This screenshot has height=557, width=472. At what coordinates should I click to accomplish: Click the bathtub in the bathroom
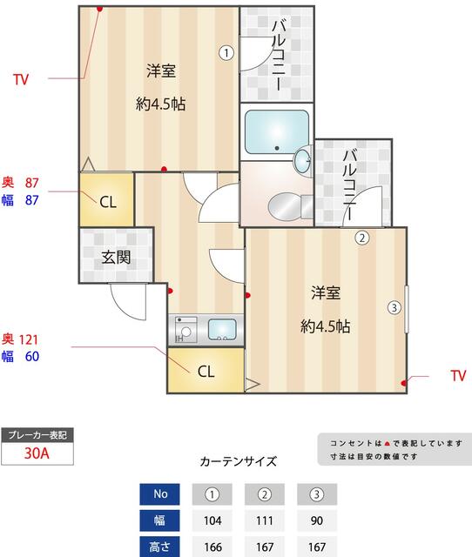click(276, 131)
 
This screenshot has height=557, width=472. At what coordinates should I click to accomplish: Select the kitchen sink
click(221, 330)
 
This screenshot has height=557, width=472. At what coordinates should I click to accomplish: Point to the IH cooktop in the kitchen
click(185, 330)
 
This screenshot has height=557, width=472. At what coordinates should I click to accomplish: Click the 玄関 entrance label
click(115, 258)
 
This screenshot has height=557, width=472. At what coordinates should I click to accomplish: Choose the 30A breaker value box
click(37, 453)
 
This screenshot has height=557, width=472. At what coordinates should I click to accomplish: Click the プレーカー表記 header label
click(37, 434)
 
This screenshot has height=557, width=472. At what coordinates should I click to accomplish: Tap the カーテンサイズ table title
click(238, 461)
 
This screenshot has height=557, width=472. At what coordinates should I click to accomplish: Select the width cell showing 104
click(212, 521)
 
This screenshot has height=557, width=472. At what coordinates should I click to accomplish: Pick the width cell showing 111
click(265, 521)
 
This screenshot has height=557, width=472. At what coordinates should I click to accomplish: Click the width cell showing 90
click(317, 521)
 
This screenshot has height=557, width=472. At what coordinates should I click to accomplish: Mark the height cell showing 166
click(212, 547)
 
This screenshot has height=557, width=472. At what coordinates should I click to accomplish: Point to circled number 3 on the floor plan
click(394, 307)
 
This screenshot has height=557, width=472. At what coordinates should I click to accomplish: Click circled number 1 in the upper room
click(226, 52)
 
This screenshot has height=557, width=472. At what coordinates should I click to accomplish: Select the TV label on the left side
click(21, 80)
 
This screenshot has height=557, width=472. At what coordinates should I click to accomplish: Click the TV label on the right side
click(458, 376)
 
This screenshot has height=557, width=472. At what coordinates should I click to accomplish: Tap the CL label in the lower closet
click(206, 372)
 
